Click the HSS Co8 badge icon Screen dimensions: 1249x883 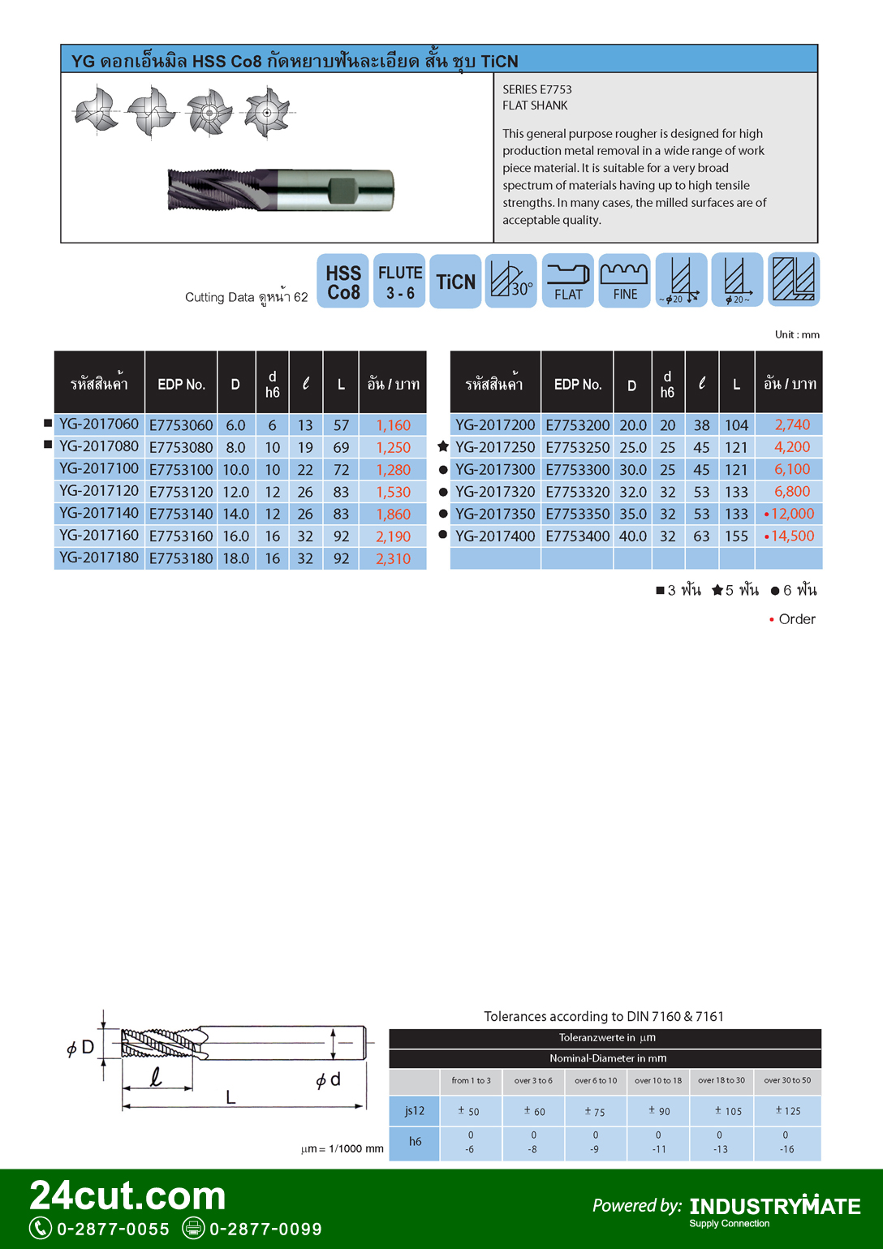point(343,282)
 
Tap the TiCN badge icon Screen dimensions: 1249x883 point(455,282)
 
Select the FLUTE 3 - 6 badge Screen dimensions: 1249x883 point(399,282)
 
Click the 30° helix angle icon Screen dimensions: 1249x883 point(511,281)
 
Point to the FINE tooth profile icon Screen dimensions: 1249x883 point(624,281)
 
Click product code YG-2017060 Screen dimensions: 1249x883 point(99,424)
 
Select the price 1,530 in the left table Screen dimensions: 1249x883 point(393,492)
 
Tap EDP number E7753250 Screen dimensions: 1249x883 point(577,447)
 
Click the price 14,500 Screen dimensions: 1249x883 point(792,536)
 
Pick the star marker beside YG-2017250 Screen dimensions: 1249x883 point(443,446)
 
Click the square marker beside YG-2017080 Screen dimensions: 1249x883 point(48,445)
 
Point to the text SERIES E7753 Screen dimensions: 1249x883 point(537,89)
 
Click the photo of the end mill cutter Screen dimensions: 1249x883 point(281,190)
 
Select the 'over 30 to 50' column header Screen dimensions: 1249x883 point(787,1081)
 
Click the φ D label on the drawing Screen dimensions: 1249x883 point(80,1048)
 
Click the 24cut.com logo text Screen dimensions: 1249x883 point(127,1195)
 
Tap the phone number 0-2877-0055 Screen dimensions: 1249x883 point(113,1229)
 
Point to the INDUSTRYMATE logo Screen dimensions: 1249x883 point(774,1207)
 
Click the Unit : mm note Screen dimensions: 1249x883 point(797,334)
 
